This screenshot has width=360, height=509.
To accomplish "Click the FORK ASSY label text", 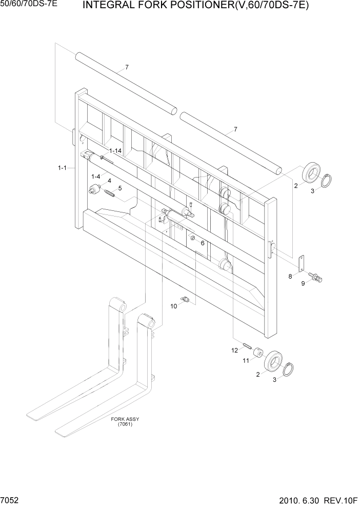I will pyautogui.click(x=125, y=419).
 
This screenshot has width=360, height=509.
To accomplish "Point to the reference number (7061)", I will pyautogui.click(x=125, y=424).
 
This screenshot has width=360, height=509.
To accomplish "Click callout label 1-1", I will pyautogui.click(x=63, y=167).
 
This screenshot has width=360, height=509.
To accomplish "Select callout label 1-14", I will pyautogui.click(x=115, y=151).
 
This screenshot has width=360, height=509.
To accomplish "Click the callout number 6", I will pyautogui.click(x=203, y=243).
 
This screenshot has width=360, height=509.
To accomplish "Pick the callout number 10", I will pyautogui.click(x=173, y=306).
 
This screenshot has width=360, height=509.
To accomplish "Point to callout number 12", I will pyautogui.click(x=235, y=350).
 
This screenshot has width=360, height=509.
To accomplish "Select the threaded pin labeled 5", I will pyautogui.click(x=109, y=193).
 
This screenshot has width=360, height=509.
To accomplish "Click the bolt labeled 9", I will pyautogui.click(x=318, y=279).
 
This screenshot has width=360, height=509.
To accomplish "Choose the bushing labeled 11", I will pyautogui.click(x=258, y=354).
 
